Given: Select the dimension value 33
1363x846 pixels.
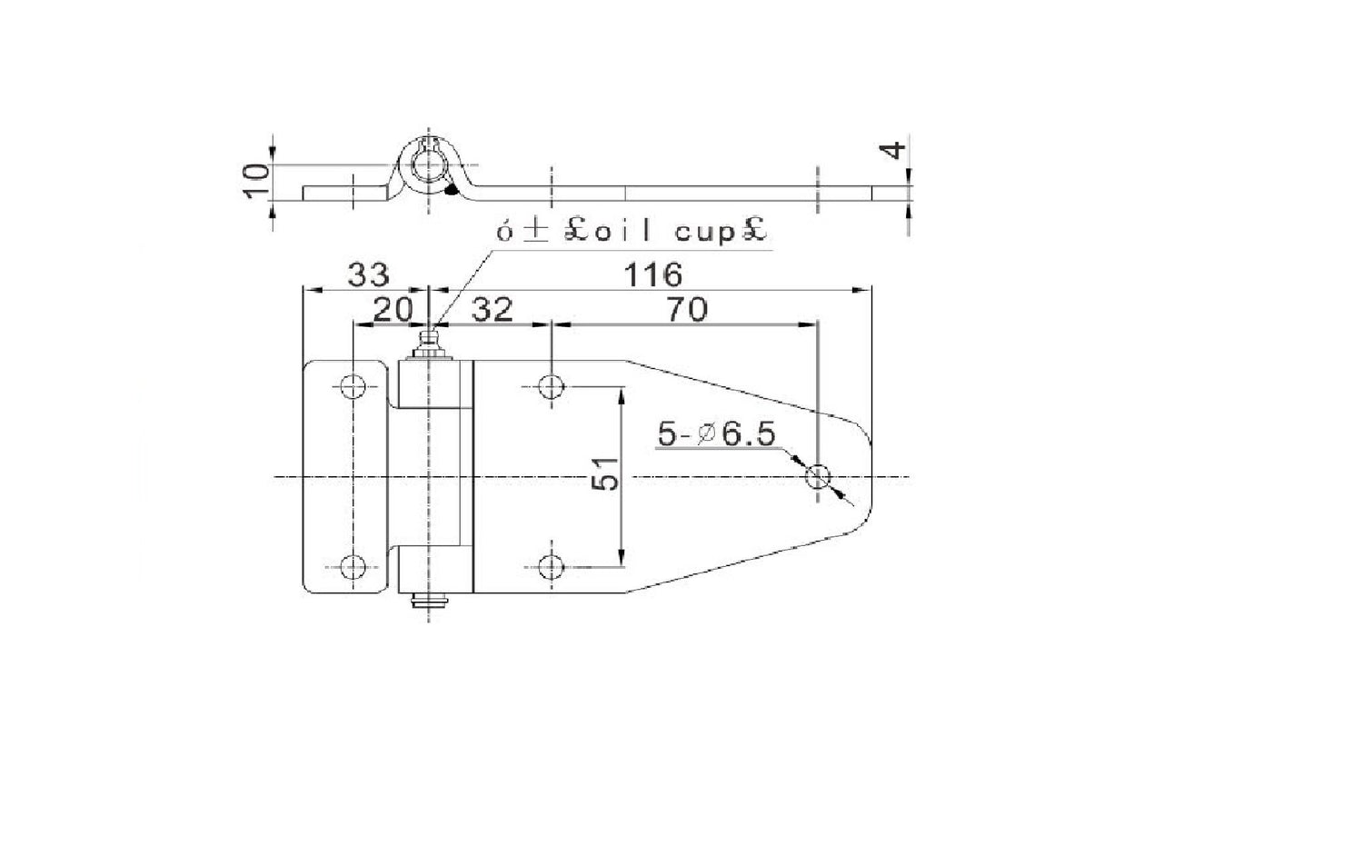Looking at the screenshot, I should [x=368, y=274].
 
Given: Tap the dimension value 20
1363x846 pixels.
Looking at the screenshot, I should [x=393, y=310].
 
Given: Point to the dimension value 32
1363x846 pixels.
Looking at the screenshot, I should [x=492, y=310].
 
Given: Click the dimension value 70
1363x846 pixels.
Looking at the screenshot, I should [x=686, y=310].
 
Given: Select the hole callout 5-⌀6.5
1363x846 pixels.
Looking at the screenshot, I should [x=717, y=435].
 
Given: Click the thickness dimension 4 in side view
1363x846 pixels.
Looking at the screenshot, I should [x=895, y=151].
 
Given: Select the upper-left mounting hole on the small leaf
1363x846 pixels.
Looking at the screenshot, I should [x=353, y=387].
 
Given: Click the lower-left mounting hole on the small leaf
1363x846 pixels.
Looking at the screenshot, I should [x=353, y=567].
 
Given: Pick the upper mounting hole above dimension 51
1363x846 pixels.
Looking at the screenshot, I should [x=550, y=387].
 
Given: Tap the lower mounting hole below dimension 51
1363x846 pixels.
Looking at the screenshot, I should [x=550, y=567].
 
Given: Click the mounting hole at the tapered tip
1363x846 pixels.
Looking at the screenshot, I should [x=818, y=477].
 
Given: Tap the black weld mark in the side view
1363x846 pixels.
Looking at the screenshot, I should [x=451, y=190].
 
